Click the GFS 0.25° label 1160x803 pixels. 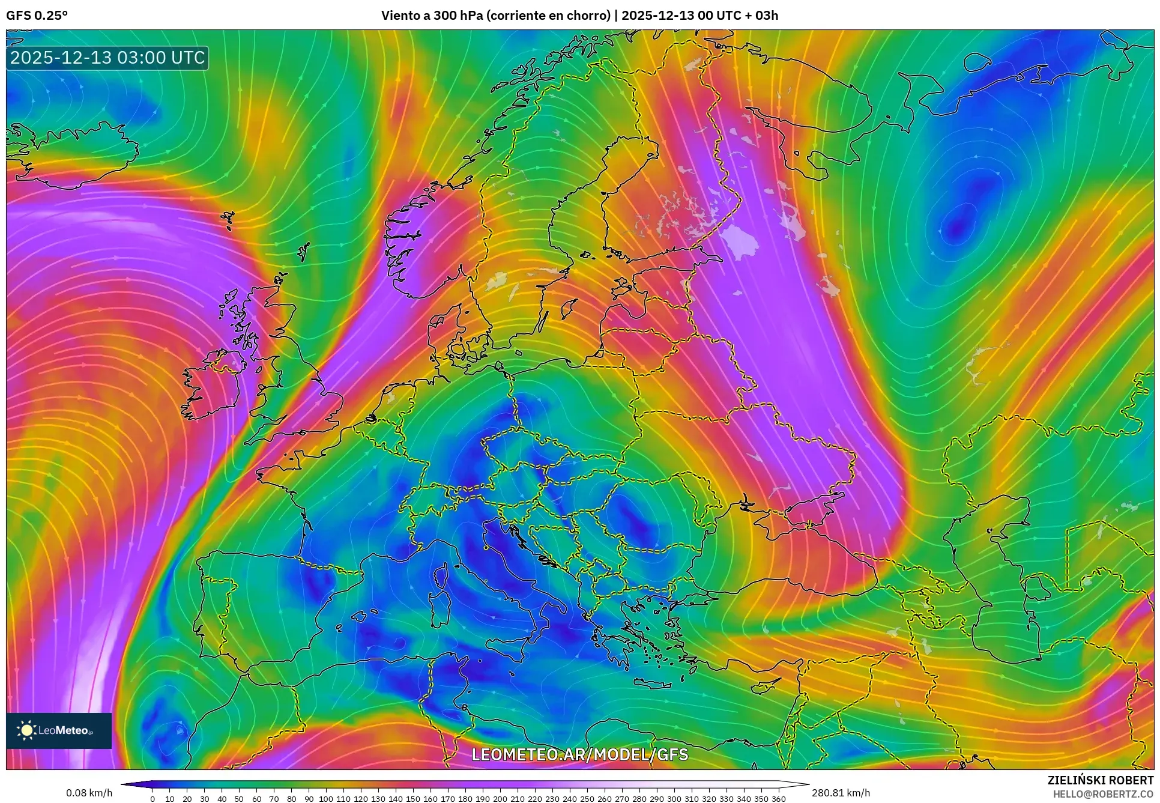[x=37, y=16]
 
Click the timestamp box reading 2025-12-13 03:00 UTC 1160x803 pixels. [x=107, y=58]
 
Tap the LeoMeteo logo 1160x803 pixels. [x=59, y=730]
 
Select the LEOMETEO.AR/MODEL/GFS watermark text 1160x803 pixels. [x=579, y=754]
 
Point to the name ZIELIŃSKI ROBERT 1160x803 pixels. [x=1100, y=780]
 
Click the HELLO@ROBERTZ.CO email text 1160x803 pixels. [x=1103, y=794]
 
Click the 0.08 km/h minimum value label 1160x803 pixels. [x=89, y=793]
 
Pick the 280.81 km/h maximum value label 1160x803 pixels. [x=841, y=793]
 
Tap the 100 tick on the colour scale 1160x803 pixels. [x=326, y=799]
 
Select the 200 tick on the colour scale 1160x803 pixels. [x=500, y=799]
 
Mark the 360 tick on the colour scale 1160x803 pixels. [x=778, y=799]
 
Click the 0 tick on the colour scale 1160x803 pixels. [x=153, y=799]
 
